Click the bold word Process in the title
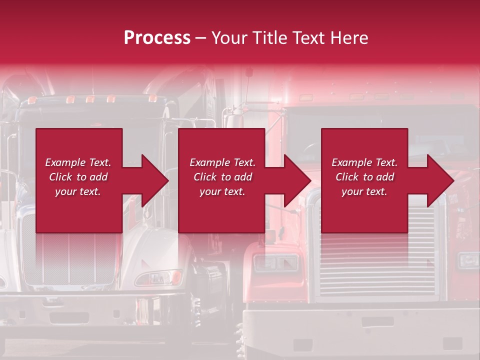[x=157, y=38]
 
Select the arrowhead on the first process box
[x=150, y=180]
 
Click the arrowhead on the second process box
[x=293, y=180]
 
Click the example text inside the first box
[x=78, y=177]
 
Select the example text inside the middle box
[x=222, y=177]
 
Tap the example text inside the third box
[x=364, y=177]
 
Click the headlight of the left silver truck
[x=158, y=277]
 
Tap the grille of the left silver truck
[x=70, y=260]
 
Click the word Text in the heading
[x=306, y=38]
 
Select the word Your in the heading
[x=229, y=38]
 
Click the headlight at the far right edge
[x=468, y=260]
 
